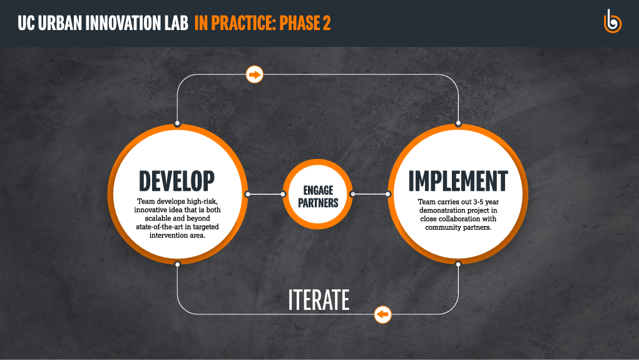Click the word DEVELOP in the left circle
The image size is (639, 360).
point(176,181)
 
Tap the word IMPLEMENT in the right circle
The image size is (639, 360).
point(458,181)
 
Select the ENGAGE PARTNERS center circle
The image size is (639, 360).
point(318,194)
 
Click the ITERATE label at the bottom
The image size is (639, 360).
point(319,300)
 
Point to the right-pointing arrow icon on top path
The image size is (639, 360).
point(255,75)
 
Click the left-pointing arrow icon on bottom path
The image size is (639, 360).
point(382,314)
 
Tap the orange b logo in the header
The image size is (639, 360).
point(612,21)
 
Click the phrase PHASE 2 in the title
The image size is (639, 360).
point(305,23)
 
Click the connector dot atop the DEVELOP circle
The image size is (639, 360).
point(177,123)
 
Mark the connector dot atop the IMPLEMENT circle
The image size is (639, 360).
point(459,123)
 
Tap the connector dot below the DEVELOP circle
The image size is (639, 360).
point(177,264)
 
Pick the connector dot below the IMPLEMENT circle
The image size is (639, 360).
point(459,264)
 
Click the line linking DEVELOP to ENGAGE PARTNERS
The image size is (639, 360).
point(265,194)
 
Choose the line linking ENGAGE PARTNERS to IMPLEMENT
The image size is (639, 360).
point(371,194)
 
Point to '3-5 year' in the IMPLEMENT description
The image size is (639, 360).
point(486,202)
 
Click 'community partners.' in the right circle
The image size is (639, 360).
point(459,227)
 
